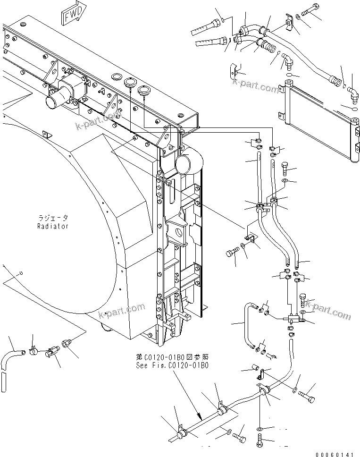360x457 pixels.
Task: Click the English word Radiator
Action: click(x=53, y=226)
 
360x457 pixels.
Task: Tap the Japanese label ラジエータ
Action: click(x=53, y=219)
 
